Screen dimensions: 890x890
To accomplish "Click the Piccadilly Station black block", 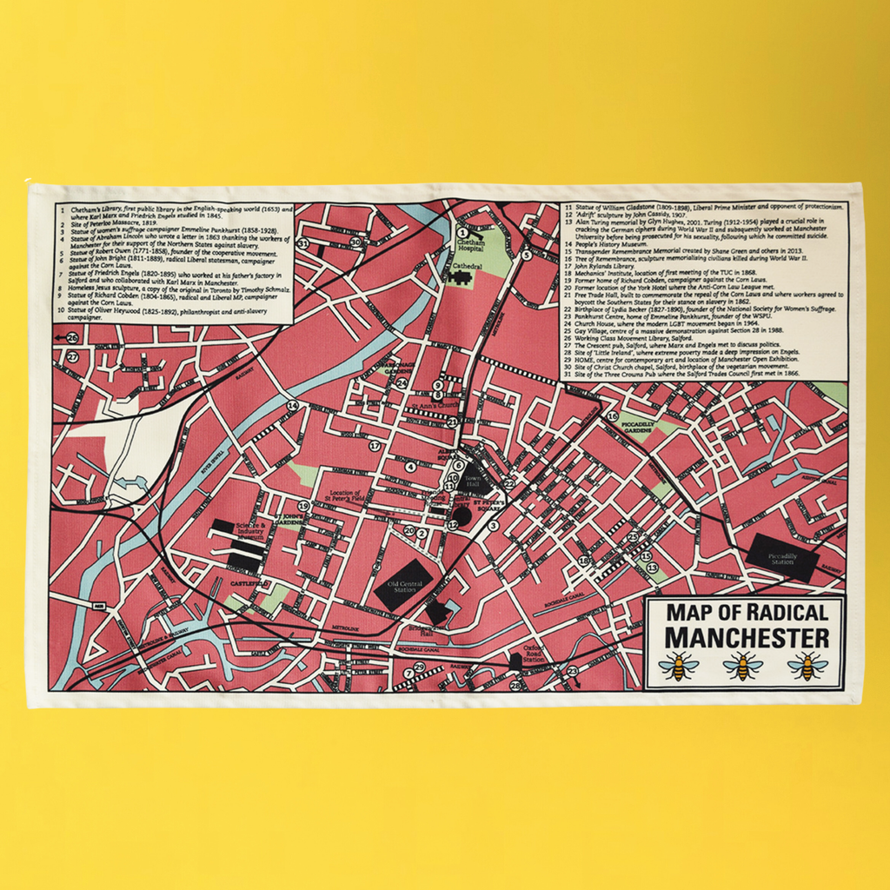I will tap(782, 556).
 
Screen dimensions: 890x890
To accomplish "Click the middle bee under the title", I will tap(743, 666).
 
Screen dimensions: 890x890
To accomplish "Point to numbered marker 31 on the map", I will tap(302, 244).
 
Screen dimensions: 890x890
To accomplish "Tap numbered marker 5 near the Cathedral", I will tap(527, 256).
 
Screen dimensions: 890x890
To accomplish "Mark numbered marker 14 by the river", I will tap(293, 405).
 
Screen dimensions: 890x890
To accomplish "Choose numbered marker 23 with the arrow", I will tap(572, 670).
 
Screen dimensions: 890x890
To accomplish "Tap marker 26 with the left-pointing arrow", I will tap(71, 338).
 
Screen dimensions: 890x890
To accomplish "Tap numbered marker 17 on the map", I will tap(375, 446).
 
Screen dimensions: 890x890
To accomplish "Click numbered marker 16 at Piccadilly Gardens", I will tap(613, 416).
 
